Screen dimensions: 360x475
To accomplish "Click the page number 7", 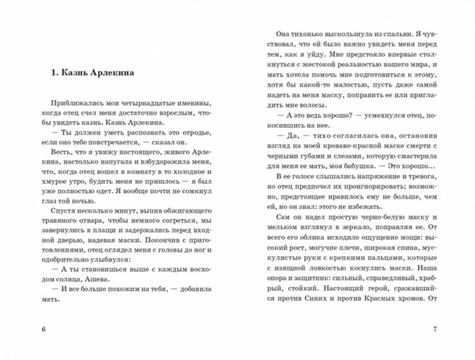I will tap(435, 330).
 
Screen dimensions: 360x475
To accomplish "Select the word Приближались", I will tap(75, 103).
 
